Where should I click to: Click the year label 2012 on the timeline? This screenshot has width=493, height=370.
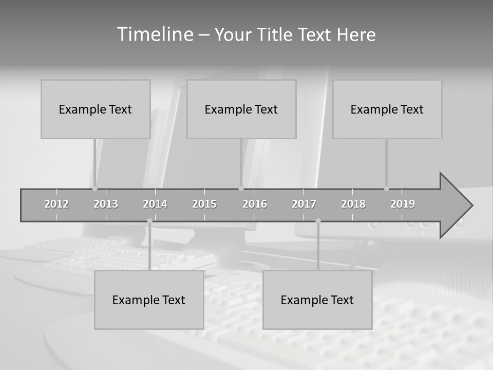pos(56,204)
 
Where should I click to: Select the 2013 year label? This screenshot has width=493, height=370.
pos(106,204)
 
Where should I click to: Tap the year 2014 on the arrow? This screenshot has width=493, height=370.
pos(155,204)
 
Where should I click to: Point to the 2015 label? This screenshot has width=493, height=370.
pos(204,204)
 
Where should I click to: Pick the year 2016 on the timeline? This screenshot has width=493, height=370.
pos(255,204)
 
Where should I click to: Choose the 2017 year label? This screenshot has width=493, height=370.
pos(304,204)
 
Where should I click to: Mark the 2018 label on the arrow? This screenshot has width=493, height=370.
pos(353,204)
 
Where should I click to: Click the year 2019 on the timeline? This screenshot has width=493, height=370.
pos(403,204)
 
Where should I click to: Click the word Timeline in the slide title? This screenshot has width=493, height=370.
pos(154,34)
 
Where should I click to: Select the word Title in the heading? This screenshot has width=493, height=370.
pos(276,35)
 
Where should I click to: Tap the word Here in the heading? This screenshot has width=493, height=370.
pos(356,35)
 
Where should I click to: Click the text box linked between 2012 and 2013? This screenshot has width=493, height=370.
pos(96,109)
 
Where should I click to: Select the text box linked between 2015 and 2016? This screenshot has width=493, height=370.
pos(241,109)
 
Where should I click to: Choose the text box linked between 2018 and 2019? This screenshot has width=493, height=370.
pos(387,109)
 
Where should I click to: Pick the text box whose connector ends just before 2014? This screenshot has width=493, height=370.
pos(149,300)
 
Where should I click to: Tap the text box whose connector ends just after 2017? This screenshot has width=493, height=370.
pos(317,300)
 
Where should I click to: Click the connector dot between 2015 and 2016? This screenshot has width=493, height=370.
pos(241,189)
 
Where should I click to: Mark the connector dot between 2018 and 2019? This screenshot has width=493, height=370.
pos(386,189)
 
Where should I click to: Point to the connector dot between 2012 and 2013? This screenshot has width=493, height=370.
pos(94,189)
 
